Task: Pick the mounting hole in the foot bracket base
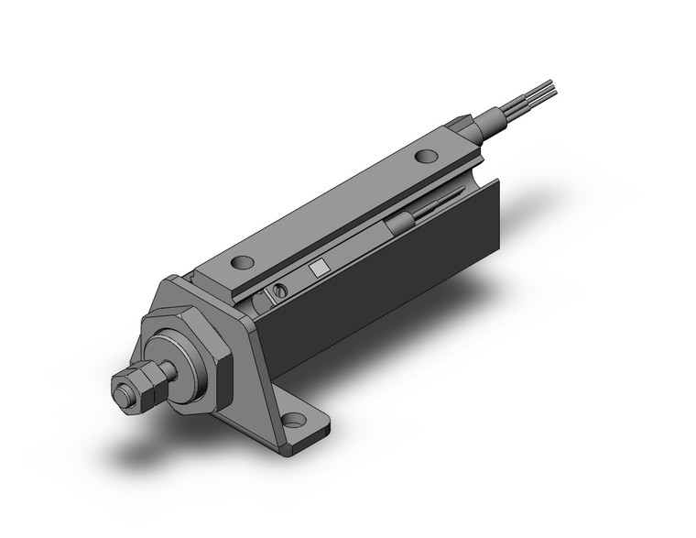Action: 293,421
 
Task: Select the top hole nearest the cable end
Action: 426,156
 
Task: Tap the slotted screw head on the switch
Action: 279,291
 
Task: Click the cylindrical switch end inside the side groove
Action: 399,225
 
